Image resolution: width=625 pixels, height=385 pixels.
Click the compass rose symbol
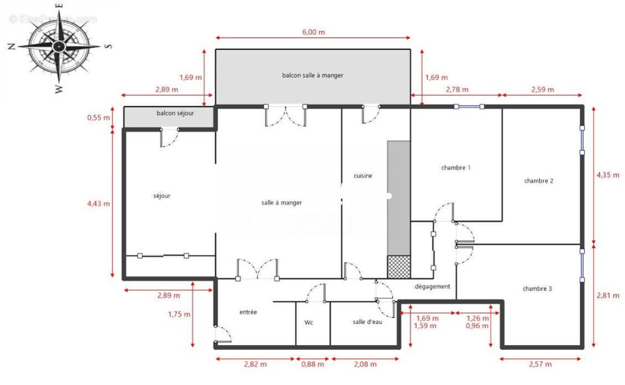click(58, 47)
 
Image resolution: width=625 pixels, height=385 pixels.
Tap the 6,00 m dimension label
click(313, 32)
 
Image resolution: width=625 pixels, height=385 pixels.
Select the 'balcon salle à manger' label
click(312, 75)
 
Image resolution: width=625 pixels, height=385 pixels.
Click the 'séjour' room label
click(162, 196)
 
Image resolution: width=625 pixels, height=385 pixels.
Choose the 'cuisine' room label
click(363, 176)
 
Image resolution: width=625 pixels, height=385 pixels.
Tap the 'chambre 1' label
click(455, 168)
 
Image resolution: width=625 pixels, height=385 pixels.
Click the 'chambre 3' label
click(537, 289)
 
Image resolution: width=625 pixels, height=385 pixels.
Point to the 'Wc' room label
click(309, 322)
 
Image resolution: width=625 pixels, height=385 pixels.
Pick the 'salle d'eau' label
click(367, 322)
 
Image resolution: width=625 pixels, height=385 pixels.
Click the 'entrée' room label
click(248, 312)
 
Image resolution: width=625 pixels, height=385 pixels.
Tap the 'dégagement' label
click(432, 287)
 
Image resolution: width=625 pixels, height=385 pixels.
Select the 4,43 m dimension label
click(98, 204)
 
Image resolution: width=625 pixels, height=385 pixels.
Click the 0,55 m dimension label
click(98, 118)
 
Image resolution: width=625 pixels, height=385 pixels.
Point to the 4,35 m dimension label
click(607, 175)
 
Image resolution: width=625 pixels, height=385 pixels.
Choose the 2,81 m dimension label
click(607, 296)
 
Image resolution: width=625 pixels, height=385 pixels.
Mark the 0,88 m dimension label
click(312, 364)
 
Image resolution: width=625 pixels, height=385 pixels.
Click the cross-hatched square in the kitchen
click(398, 267)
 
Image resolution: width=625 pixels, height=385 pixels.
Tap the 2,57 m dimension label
click(540, 364)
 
